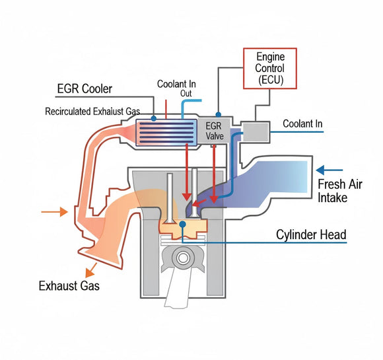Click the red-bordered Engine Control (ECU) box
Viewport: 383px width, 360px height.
(269, 67)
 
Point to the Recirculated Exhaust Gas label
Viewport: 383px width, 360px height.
(96, 111)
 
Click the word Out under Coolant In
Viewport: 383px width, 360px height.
(186, 93)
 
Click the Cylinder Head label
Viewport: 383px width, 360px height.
(312, 234)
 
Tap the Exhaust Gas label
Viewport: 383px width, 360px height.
(69, 286)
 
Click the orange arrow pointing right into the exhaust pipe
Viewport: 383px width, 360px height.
(54, 212)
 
